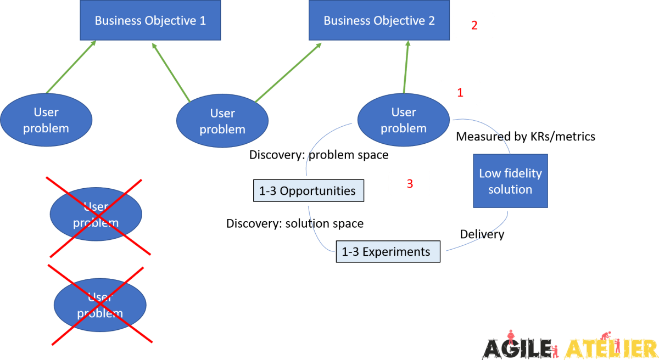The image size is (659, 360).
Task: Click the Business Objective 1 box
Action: point(150,20)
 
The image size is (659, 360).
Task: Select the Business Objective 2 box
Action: point(379,20)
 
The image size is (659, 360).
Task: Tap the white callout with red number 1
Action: point(460,93)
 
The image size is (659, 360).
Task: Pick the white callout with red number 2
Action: point(474,25)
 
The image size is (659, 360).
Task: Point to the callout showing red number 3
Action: point(410,184)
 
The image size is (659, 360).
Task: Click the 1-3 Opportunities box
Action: point(309,191)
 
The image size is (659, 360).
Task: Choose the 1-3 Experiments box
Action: point(388,252)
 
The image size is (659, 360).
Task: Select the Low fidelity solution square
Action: point(510,181)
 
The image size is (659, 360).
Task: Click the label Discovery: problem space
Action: point(319,155)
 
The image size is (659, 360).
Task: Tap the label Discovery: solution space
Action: point(295,224)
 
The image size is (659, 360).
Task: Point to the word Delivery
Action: point(482,234)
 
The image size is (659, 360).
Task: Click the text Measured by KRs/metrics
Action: point(526,137)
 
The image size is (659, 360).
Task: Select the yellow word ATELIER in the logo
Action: point(610,347)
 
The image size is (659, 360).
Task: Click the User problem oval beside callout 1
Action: point(403,120)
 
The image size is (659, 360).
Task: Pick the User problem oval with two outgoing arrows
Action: point(222,121)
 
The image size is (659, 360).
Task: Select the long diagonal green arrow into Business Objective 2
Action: point(288,72)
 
